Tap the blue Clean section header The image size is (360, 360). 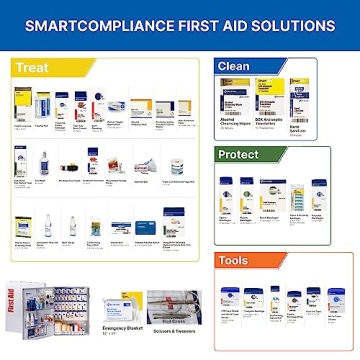pyautogui.click(x=234, y=67)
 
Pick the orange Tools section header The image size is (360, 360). pyautogui.click(x=235, y=261)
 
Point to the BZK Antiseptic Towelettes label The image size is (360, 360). pyautogui.click(x=269, y=122)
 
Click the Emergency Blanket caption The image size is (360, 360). pyautogui.click(x=123, y=329)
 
